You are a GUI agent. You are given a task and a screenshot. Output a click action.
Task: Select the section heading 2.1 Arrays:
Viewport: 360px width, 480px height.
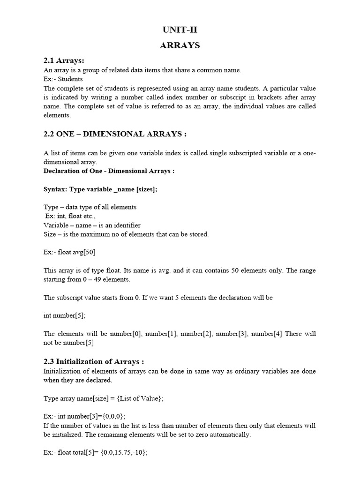click(x=64, y=61)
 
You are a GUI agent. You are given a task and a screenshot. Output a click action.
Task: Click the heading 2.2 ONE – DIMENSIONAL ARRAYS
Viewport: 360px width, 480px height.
click(x=115, y=134)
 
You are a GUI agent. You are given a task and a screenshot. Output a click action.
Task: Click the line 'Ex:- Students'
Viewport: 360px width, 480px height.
click(x=63, y=79)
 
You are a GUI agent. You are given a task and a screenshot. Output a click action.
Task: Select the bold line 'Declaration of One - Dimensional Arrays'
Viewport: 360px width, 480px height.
click(x=109, y=171)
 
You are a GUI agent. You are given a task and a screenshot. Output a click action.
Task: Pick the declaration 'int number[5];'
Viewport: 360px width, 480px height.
click(x=65, y=316)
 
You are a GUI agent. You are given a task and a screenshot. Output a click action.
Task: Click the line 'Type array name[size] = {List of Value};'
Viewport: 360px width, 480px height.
click(x=104, y=398)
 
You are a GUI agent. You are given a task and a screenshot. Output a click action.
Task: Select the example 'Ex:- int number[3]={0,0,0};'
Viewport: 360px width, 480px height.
click(x=85, y=416)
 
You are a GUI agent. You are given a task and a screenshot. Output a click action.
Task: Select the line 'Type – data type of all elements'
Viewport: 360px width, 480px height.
click(x=90, y=207)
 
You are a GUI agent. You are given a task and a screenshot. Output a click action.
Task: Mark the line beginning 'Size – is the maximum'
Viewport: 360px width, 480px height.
click(x=126, y=234)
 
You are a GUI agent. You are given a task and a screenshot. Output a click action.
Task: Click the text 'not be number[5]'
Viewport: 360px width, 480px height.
click(x=69, y=343)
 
